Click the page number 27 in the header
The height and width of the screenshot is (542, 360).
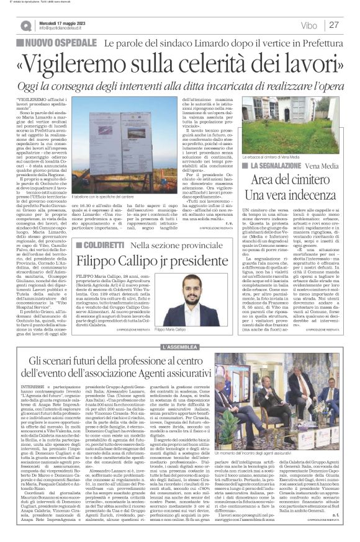click(x=334, y=25)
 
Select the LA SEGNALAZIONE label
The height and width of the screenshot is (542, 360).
click(x=275, y=167)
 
